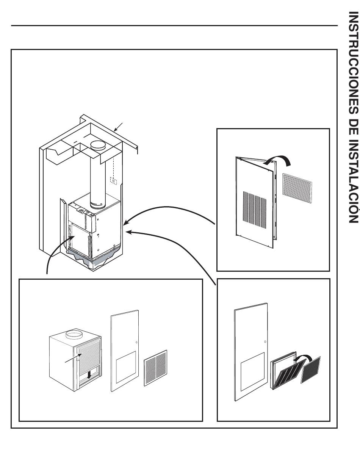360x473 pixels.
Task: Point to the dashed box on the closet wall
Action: [x=113, y=180]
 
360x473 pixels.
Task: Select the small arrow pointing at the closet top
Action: [x=118, y=127]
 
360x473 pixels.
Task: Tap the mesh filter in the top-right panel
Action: [x=297, y=188]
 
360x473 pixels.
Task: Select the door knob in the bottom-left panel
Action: [x=136, y=342]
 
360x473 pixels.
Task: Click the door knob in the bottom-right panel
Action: [x=265, y=342]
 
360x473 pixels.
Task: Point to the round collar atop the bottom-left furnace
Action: [x=74, y=335]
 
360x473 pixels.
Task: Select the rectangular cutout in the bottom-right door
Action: [x=252, y=371]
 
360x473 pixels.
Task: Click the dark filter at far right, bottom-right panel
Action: [x=311, y=370]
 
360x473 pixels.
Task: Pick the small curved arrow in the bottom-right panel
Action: [x=302, y=358]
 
